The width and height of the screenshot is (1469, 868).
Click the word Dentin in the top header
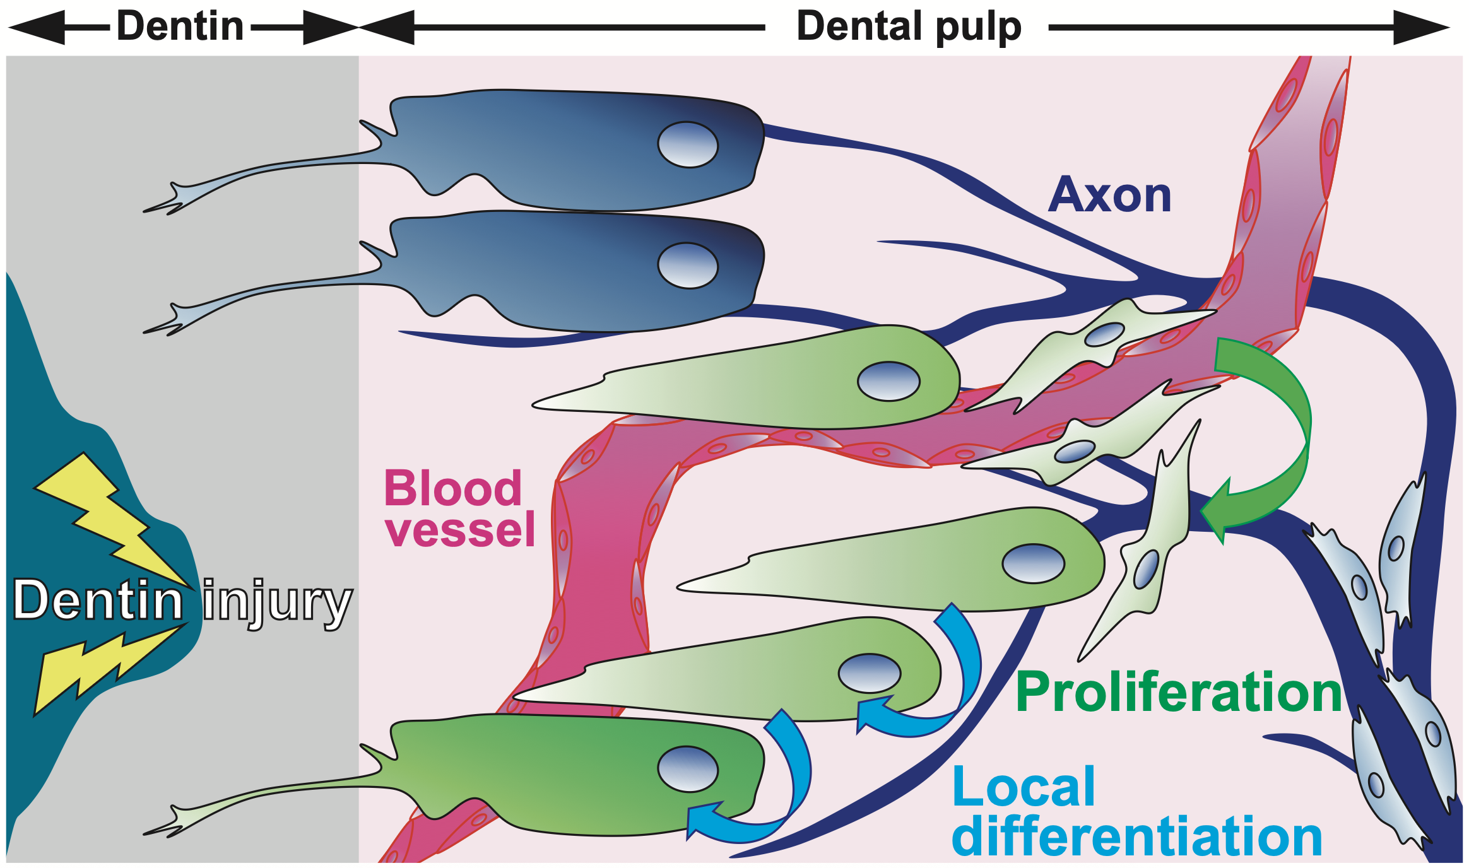click(180, 26)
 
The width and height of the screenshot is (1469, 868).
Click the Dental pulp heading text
click(909, 26)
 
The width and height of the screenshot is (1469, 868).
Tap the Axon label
click(1109, 196)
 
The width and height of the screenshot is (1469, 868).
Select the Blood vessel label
click(459, 508)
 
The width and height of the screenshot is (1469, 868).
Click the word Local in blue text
click(1024, 787)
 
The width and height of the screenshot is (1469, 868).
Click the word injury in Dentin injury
click(278, 601)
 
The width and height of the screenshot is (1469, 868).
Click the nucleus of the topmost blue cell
click(688, 144)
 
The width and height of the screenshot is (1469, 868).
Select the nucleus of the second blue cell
click(688, 266)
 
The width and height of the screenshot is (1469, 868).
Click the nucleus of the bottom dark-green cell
click(688, 769)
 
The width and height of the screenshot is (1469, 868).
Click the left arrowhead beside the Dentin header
click(38, 28)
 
